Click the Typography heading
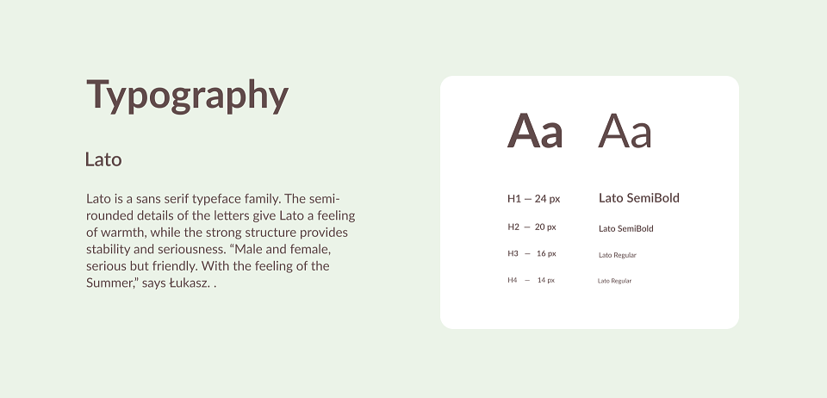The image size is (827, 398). click(187, 96)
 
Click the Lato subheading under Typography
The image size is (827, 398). click(103, 159)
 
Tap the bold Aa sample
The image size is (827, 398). click(535, 131)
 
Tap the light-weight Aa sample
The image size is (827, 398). click(625, 131)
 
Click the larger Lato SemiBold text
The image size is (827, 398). click(638, 198)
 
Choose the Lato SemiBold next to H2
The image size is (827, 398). click(626, 228)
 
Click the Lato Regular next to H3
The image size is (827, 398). click(617, 255)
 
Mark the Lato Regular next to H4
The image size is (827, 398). click(614, 281)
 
